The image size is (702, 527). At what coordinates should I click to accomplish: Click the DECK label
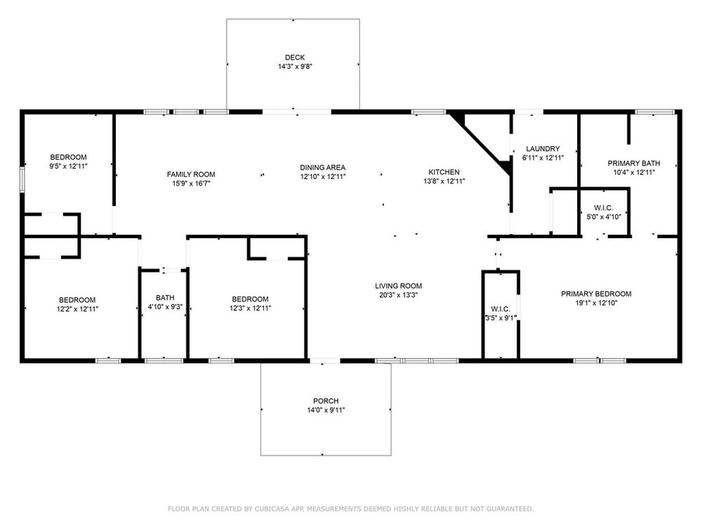[x=295, y=58]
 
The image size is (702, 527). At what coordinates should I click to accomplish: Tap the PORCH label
[x=326, y=401]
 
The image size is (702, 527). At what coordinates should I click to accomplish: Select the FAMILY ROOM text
[x=191, y=174]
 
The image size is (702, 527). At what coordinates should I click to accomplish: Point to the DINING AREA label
[x=322, y=168]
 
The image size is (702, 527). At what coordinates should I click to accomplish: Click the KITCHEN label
[x=444, y=172]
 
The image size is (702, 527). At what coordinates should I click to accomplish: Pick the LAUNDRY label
[x=543, y=149]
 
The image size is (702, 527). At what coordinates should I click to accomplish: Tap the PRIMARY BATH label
[x=633, y=164]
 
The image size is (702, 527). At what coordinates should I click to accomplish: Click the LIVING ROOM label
[x=398, y=286]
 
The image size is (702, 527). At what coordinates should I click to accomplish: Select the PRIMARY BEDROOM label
[x=596, y=294]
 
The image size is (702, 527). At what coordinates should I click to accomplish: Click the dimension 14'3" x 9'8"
[x=295, y=66]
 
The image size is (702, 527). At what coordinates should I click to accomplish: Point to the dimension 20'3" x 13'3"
[x=398, y=295]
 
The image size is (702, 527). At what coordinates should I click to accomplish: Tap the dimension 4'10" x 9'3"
[x=165, y=307]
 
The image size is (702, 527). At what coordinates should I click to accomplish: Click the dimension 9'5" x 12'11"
[x=68, y=167]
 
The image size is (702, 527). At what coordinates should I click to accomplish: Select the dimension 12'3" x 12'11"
[x=250, y=308]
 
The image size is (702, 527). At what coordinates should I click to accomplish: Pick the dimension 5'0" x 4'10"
[x=604, y=217]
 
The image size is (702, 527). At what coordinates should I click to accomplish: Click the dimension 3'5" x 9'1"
[x=500, y=318]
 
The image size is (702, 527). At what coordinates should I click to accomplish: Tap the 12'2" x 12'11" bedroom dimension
[x=77, y=309]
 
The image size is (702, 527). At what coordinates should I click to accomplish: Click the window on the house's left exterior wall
[x=22, y=180]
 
